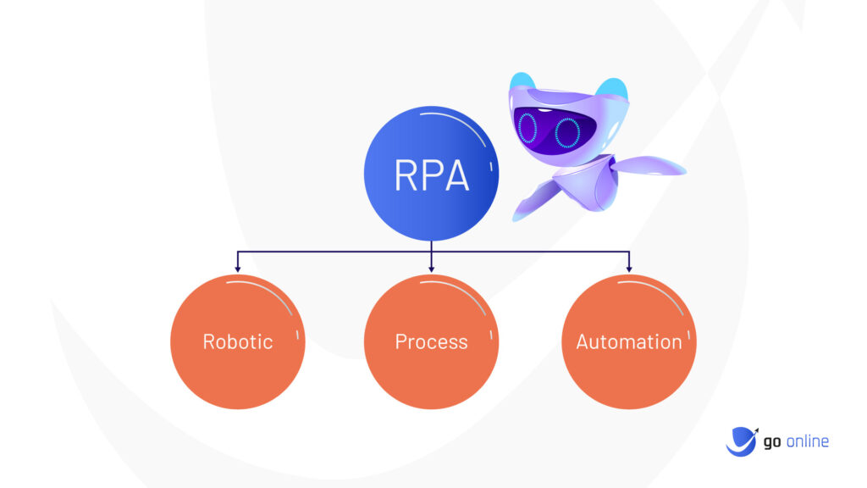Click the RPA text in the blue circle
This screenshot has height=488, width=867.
(432, 175)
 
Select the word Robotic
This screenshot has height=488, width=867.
(238, 341)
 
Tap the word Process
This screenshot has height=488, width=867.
(431, 341)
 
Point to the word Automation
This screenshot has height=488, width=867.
(629, 341)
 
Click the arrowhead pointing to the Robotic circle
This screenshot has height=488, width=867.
(238, 269)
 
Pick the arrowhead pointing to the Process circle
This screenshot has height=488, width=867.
(431, 269)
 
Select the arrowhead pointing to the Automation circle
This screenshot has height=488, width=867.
(629, 269)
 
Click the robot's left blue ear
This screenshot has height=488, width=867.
(522, 80)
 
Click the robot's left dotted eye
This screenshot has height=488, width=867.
(527, 128)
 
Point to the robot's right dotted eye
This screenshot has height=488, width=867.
(567, 133)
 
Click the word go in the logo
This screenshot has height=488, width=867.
(772, 442)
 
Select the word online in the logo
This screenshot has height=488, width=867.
(807, 441)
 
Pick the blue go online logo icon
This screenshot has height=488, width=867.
(742, 441)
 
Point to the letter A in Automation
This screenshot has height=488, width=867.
(583, 341)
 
